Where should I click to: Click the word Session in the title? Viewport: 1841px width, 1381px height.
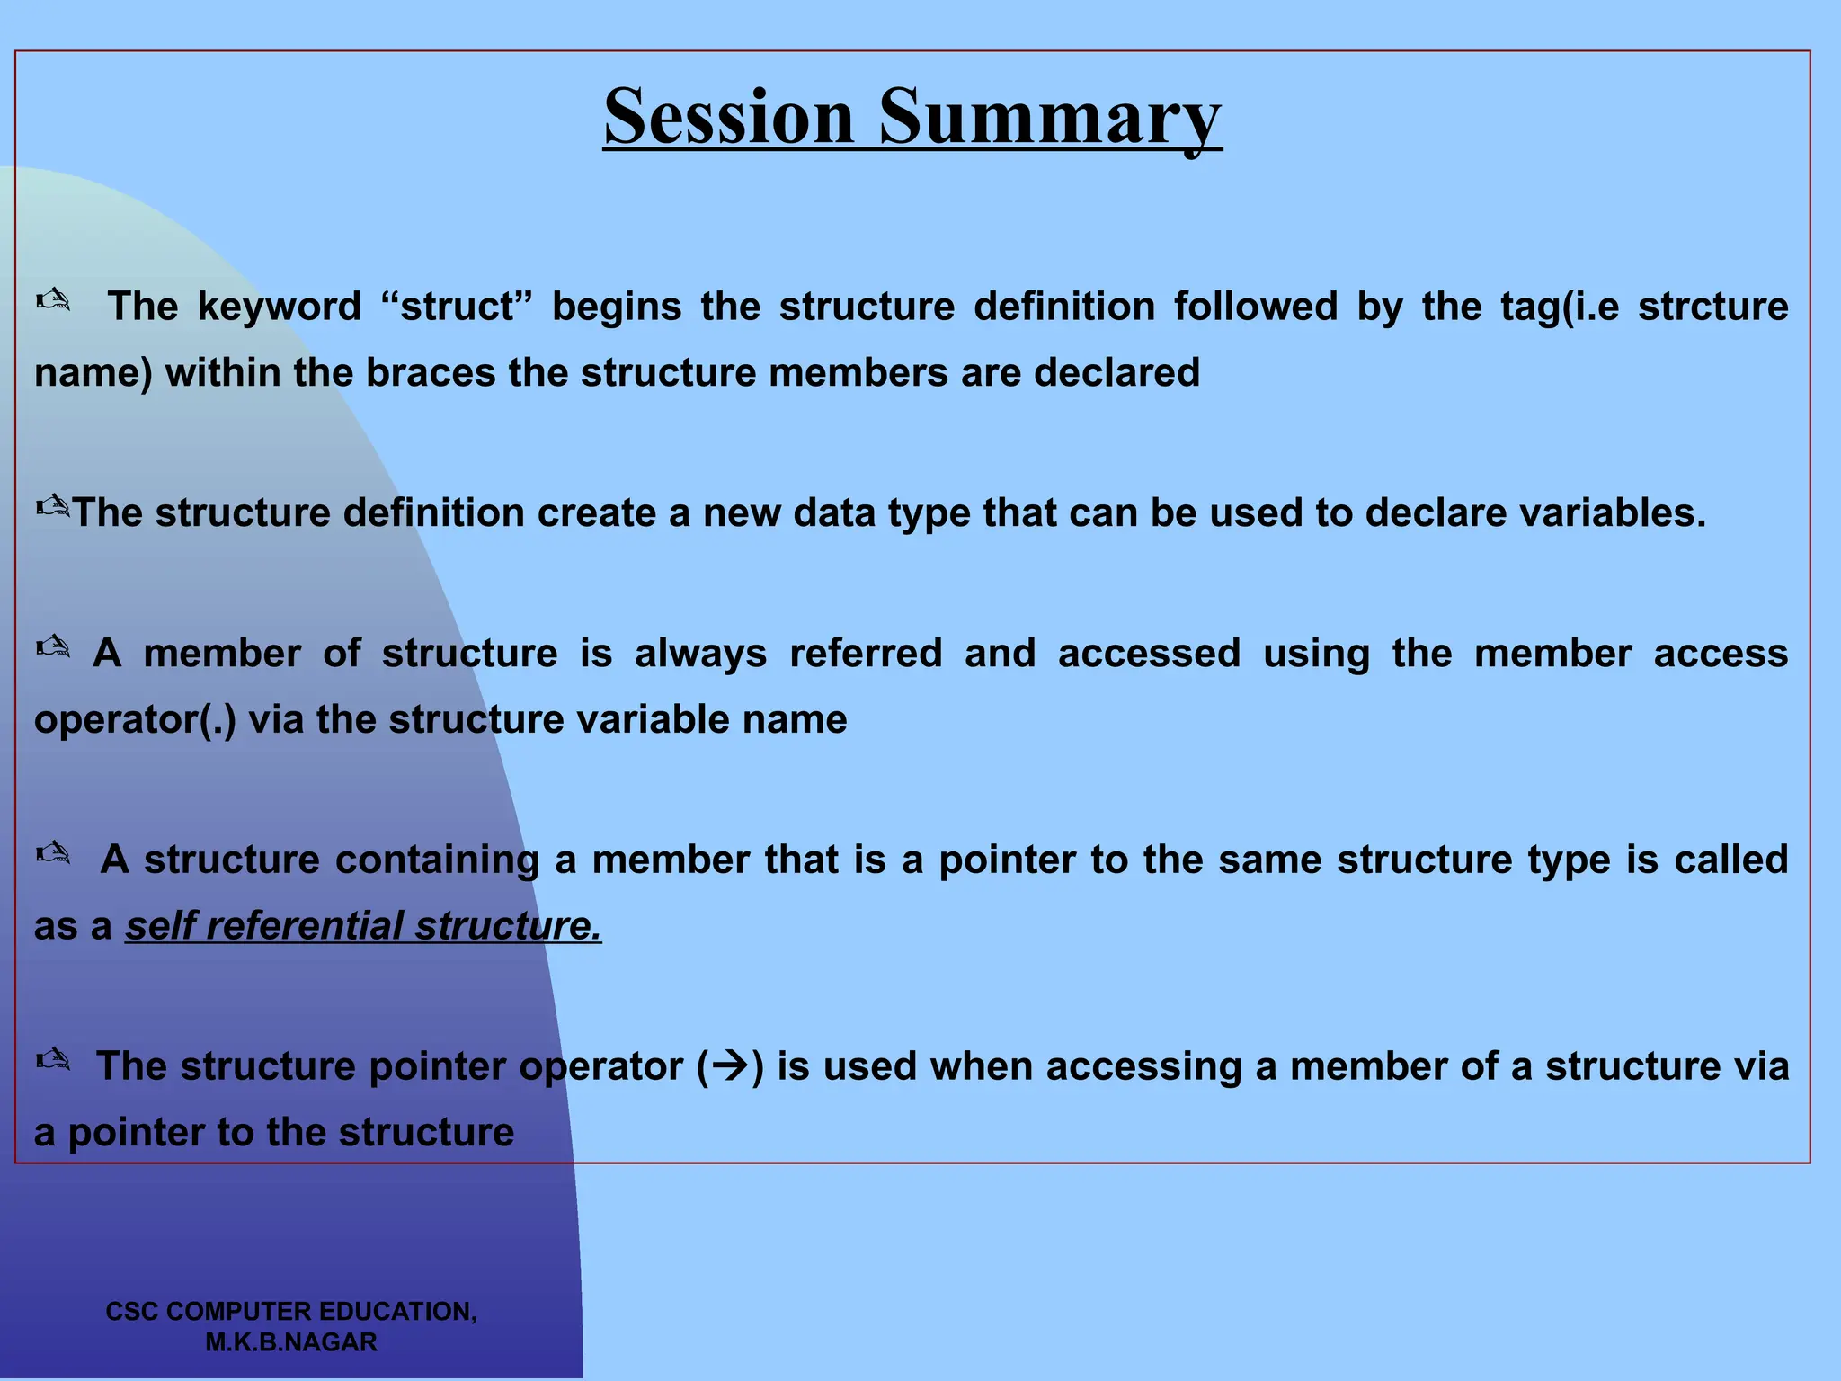click(x=728, y=117)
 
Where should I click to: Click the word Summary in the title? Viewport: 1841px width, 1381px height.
click(x=1050, y=117)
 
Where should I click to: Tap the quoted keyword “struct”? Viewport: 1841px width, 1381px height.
click(x=457, y=307)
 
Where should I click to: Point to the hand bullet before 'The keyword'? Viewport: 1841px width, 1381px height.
click(x=53, y=300)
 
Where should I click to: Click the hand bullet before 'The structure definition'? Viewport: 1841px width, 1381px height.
click(x=53, y=507)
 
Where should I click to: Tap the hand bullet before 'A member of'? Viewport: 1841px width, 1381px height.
click(x=53, y=647)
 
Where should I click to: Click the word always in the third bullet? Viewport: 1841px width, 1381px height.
click(x=700, y=654)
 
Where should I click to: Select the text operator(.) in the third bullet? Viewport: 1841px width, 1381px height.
click(x=135, y=720)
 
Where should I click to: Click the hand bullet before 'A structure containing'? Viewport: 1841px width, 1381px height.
click(x=53, y=853)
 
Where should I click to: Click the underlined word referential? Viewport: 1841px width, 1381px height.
click(x=304, y=926)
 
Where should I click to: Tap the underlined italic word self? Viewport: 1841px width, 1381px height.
click(x=159, y=926)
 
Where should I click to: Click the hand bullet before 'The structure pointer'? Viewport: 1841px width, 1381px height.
click(x=53, y=1060)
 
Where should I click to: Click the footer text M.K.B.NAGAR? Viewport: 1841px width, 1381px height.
click(x=291, y=1342)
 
